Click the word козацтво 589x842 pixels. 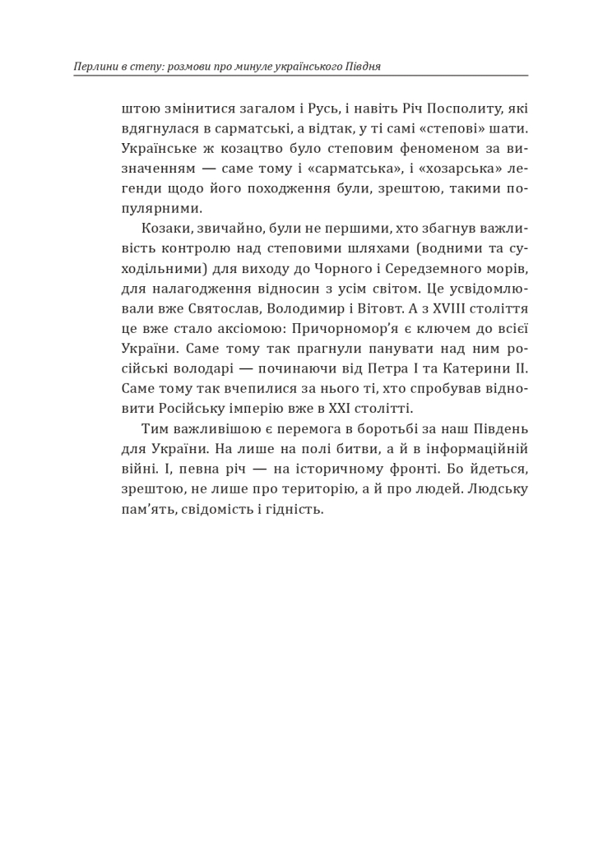click(247, 150)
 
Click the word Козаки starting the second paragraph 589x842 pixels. click(163, 229)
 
